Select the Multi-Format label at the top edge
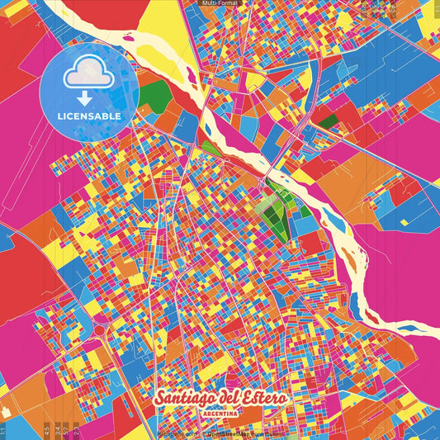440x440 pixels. click(220, 4)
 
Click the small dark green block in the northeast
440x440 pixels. click(328, 121)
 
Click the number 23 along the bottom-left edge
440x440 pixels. click(76, 430)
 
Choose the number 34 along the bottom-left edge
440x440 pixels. click(56, 430)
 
